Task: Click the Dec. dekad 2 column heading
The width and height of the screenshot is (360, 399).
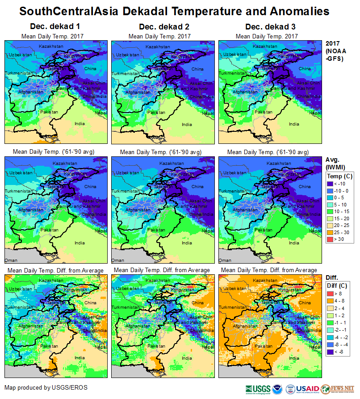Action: [160, 27]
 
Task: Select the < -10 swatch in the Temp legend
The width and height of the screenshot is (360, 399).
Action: [331, 184]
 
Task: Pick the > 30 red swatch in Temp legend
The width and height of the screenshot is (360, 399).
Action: [331, 239]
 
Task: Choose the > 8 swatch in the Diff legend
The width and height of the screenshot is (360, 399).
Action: [331, 294]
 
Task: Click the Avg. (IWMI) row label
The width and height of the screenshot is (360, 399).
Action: [334, 163]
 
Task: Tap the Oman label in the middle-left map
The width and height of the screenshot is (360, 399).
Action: [10, 260]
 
